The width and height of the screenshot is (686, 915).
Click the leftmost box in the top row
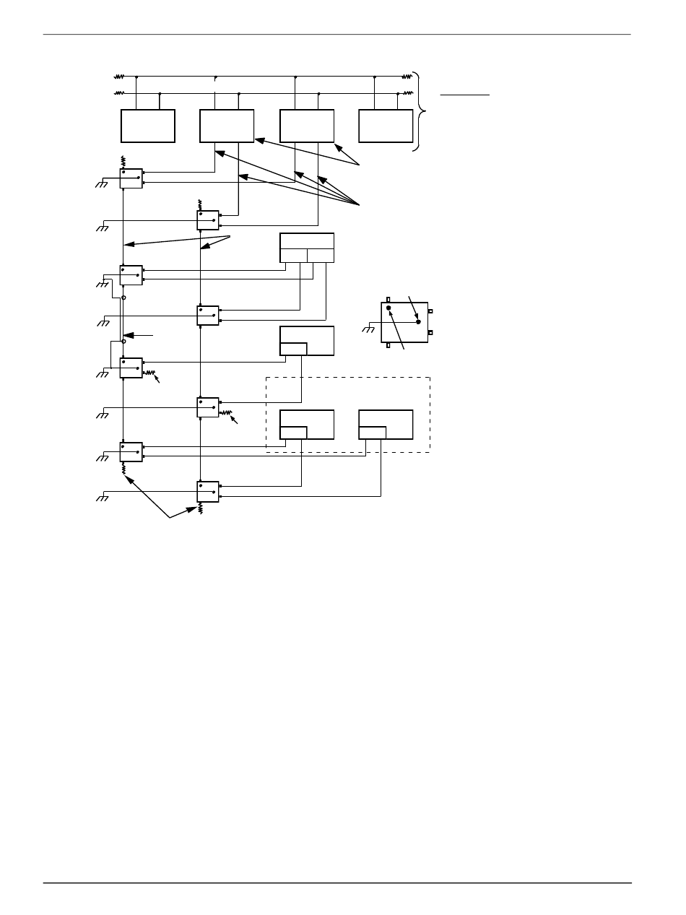(x=148, y=126)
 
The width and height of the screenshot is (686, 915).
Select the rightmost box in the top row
(x=386, y=126)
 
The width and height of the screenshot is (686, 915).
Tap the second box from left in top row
(x=227, y=126)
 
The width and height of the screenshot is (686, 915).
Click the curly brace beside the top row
(x=421, y=110)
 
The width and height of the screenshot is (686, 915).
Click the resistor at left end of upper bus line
(x=119, y=76)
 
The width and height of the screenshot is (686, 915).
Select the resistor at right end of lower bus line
(x=407, y=93)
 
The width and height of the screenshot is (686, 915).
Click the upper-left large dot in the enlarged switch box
(x=388, y=308)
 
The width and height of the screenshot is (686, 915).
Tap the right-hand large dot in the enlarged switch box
(x=418, y=322)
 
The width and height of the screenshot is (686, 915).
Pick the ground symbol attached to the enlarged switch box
(x=368, y=329)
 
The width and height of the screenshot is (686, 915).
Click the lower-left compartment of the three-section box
(x=293, y=256)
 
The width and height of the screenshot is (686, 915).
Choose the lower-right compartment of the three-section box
(x=321, y=256)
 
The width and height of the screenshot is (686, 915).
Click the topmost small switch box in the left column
(x=131, y=178)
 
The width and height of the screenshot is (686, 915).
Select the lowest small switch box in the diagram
(x=208, y=492)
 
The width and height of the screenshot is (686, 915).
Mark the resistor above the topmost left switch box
(x=123, y=161)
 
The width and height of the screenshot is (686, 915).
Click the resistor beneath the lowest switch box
(x=201, y=508)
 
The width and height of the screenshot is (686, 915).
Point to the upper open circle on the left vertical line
(x=123, y=298)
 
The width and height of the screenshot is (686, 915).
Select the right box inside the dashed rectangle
(x=386, y=425)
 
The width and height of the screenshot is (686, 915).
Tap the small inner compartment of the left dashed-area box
(x=293, y=433)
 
